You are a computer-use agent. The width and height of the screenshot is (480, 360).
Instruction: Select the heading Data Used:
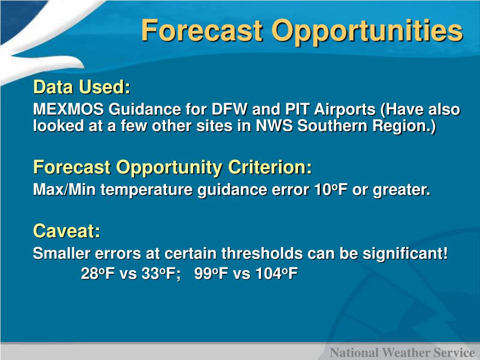[x=82, y=87]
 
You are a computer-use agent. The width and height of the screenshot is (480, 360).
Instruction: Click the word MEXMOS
[x=68, y=109]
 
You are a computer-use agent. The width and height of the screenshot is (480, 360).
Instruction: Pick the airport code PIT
[x=297, y=109]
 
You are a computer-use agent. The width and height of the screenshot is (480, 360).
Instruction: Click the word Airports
[x=345, y=110]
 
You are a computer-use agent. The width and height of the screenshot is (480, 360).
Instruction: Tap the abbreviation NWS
[x=274, y=126]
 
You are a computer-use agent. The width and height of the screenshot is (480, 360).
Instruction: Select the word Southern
[x=332, y=126]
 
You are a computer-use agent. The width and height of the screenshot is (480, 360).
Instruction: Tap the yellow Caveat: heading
[x=67, y=231]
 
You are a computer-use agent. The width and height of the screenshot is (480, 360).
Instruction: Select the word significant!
[x=405, y=254]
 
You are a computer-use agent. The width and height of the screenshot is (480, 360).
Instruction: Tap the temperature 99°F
[x=211, y=273]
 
